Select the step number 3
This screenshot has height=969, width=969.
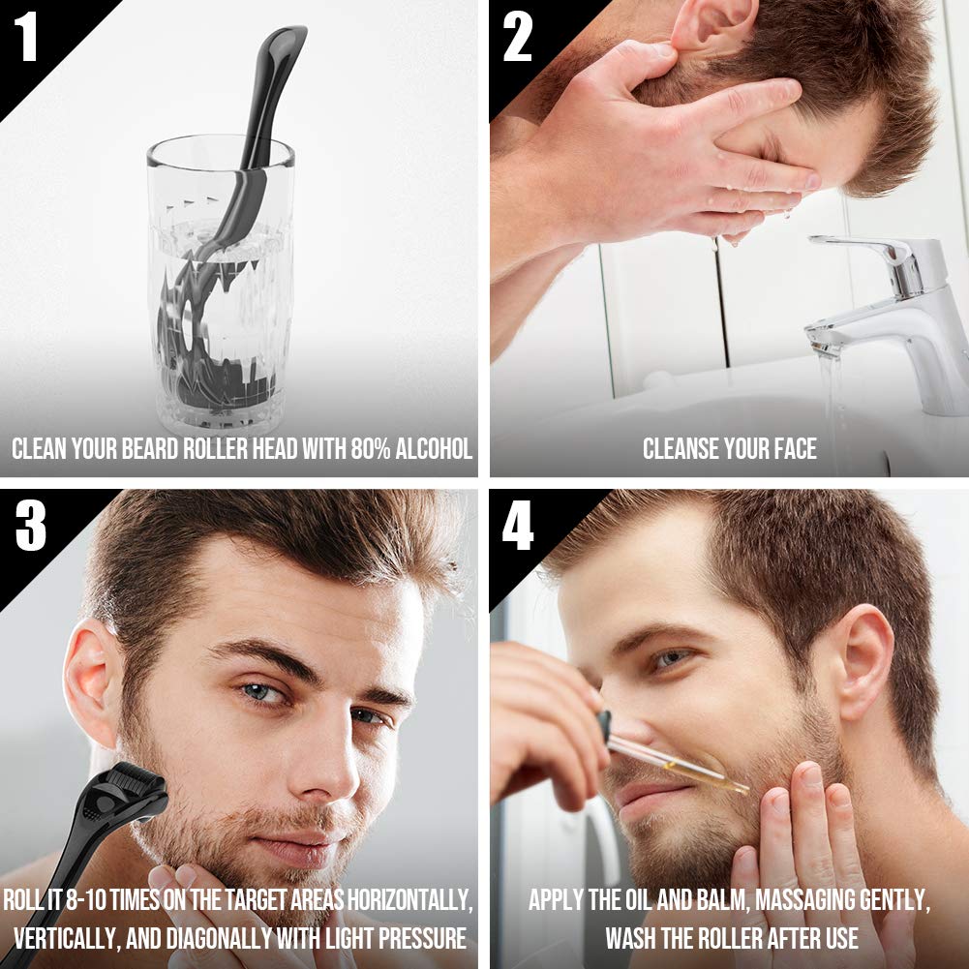click(30, 528)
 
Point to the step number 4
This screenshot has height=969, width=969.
click(517, 528)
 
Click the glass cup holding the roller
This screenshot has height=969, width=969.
click(221, 290)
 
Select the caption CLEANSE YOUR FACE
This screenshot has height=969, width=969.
click(729, 449)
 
